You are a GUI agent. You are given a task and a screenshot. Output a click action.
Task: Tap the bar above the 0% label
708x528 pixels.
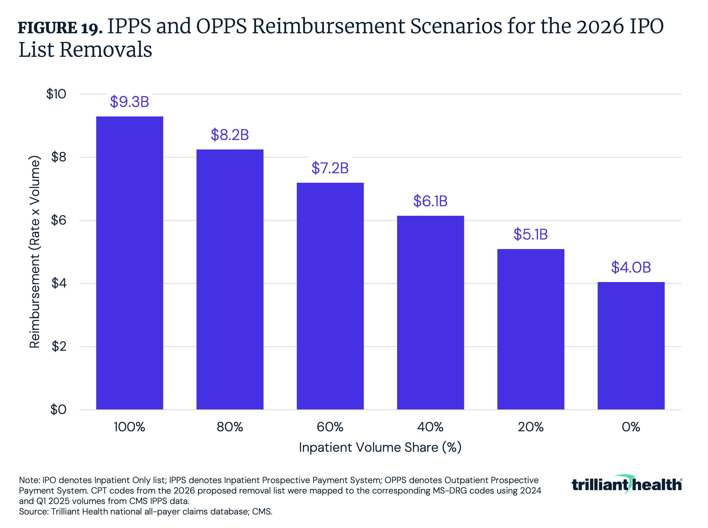click(x=631, y=346)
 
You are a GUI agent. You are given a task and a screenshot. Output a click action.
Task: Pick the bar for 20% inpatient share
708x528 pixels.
click(x=531, y=329)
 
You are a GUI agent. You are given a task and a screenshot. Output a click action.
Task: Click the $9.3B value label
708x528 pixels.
click(x=130, y=102)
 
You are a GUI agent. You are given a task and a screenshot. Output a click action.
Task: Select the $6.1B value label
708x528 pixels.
click(x=430, y=201)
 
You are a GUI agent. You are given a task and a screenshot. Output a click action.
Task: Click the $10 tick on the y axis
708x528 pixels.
click(x=56, y=94)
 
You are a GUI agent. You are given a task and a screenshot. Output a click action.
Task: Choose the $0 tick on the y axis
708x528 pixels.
click(x=58, y=409)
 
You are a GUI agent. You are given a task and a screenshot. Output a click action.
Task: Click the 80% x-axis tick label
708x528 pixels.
click(x=230, y=427)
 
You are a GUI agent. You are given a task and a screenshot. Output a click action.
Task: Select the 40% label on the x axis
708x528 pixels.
click(x=430, y=427)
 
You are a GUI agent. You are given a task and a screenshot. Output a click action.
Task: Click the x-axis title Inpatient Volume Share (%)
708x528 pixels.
click(x=380, y=447)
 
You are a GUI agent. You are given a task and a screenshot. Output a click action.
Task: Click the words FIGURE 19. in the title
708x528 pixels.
click(x=60, y=28)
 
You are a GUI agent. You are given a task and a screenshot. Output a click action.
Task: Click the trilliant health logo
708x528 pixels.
click(x=626, y=485)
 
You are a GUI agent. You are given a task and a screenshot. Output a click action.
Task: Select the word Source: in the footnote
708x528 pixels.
click(x=34, y=512)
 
